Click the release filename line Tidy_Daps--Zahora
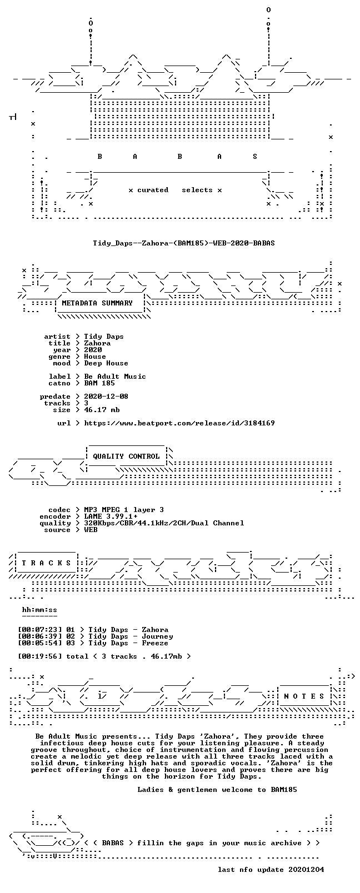(184, 243)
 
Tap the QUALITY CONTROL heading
(126, 456)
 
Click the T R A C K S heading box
(46, 563)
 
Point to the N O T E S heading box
(304, 696)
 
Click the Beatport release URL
(179, 423)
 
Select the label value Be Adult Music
(115, 377)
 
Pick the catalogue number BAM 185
(99, 383)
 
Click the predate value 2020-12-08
(106, 397)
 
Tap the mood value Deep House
(106, 363)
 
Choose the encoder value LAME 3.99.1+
(111, 516)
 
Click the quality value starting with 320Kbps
(164, 523)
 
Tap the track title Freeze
(155, 643)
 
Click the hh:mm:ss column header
(39, 610)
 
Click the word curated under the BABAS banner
(153, 190)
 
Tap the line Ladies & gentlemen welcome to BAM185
(217, 790)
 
